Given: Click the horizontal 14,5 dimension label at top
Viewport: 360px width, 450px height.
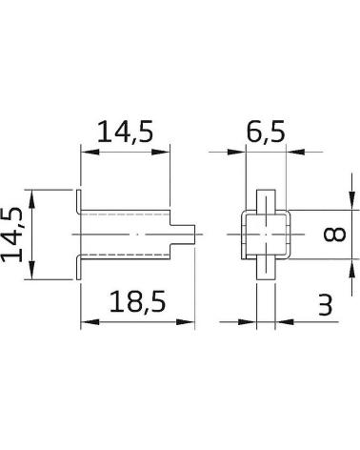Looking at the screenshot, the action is click(x=126, y=131).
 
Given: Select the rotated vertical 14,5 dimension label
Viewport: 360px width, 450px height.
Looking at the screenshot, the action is click(x=12, y=235).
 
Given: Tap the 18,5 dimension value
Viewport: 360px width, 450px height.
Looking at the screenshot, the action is click(x=137, y=302).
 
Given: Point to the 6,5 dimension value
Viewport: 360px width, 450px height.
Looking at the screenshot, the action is click(x=266, y=131).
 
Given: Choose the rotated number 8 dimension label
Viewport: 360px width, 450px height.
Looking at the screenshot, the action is click(x=334, y=235).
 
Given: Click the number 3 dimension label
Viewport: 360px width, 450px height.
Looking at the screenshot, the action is click(x=325, y=304).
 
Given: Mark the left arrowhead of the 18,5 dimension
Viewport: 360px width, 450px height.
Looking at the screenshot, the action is click(x=90, y=322).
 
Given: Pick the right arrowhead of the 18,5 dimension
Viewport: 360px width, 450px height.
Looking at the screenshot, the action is click(x=185, y=322).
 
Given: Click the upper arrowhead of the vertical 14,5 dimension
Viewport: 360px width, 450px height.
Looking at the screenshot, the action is click(x=31, y=199).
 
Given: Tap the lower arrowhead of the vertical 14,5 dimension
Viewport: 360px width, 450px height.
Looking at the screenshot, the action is click(x=31, y=270).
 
